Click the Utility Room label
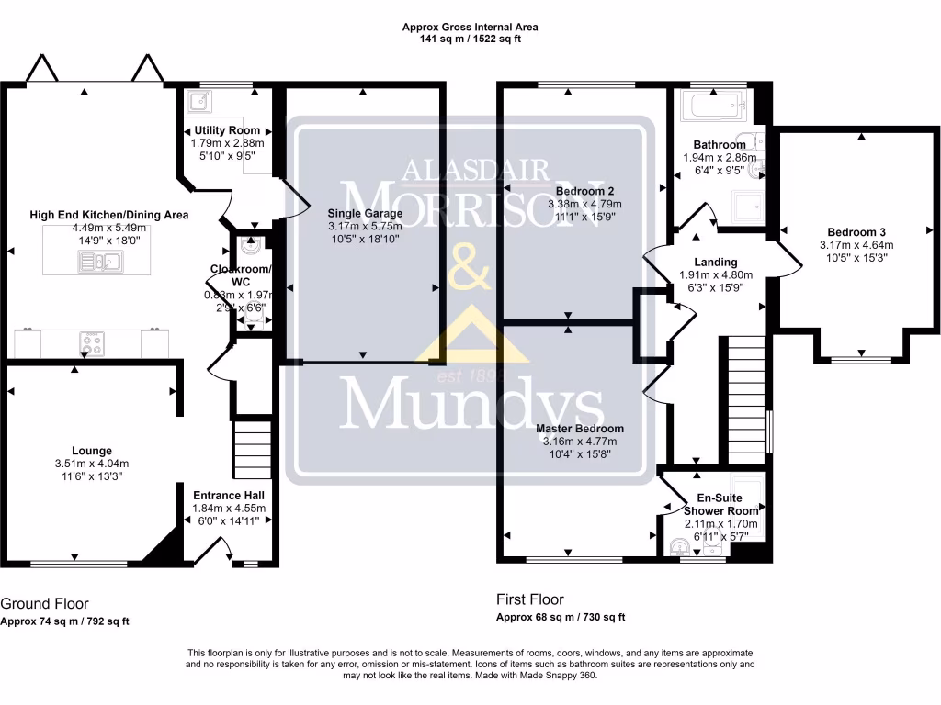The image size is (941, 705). point(226,130)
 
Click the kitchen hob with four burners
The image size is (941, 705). point(94,343)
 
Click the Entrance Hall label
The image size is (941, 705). point(229,495)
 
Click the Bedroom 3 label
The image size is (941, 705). point(856,232)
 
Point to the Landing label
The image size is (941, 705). point(715,262)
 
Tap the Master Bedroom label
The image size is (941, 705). point(579,429)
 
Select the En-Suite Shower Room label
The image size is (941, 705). point(721,504)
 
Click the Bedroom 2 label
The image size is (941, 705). point(584,191)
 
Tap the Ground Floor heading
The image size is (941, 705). point(44,604)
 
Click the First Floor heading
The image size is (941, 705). point(529,599)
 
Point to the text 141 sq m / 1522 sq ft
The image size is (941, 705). point(470,40)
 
